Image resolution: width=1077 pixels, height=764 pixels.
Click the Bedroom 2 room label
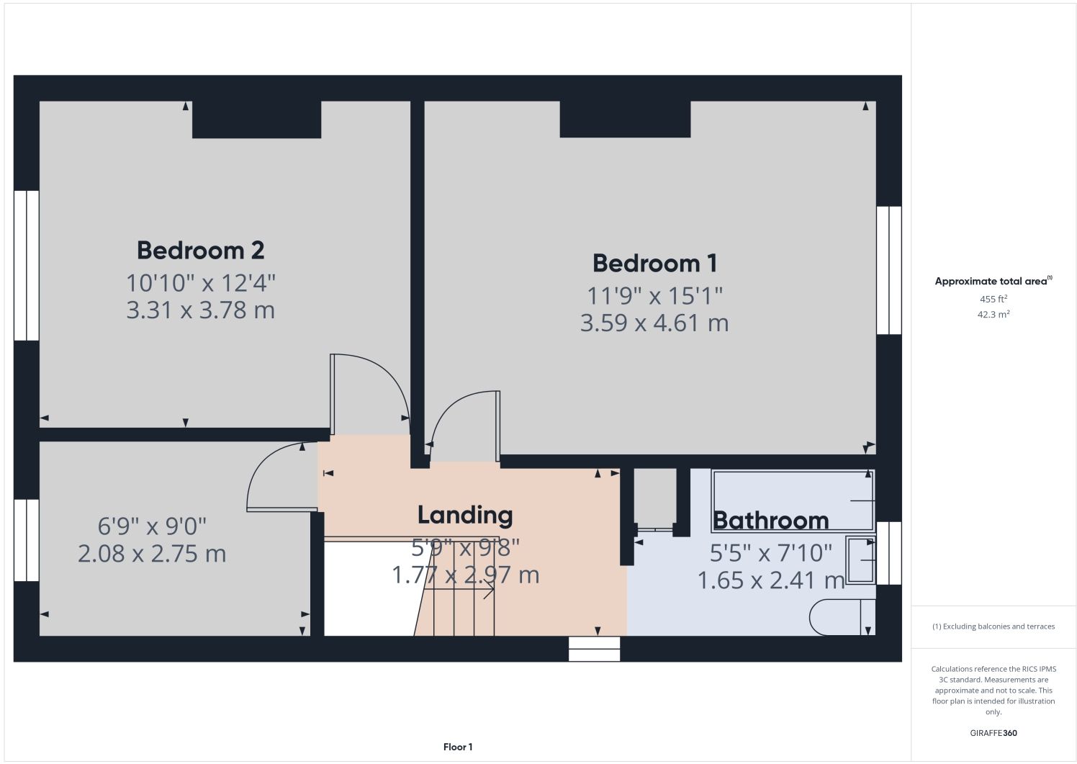200,251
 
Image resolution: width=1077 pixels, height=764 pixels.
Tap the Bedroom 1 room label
654,264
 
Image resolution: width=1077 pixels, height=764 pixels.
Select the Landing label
465,516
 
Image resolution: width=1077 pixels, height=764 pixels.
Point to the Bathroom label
771,521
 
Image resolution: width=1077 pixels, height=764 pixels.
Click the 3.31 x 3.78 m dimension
200,310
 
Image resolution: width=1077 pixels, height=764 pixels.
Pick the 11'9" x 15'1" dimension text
655,296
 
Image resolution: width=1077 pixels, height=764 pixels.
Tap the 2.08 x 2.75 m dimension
152,554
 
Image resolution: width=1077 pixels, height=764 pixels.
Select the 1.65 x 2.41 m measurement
771,580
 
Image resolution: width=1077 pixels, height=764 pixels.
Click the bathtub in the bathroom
793,501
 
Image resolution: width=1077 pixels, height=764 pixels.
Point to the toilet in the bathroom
842,617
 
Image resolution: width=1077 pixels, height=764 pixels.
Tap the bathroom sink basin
860,560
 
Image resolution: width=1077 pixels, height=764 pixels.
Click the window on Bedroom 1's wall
889,270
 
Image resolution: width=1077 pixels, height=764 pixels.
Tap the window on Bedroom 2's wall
27,266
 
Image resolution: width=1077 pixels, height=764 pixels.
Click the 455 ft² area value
993,299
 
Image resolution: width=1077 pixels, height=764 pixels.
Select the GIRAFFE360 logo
993,733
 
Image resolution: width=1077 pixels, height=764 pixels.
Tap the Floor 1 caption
458,747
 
